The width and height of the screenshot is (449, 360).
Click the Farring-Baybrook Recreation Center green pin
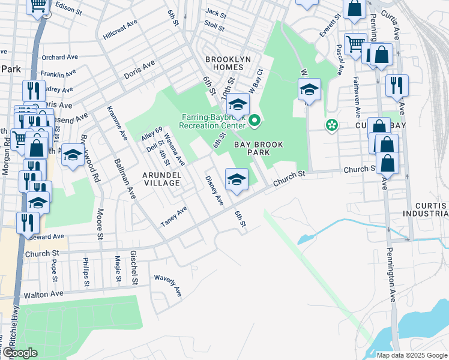(255, 121)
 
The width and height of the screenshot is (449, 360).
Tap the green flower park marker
(331, 125)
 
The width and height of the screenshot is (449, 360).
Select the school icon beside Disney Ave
(237, 179)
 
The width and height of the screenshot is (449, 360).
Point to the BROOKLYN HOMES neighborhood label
(231, 59)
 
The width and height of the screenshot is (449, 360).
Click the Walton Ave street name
(43, 295)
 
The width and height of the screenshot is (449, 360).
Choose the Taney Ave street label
(173, 216)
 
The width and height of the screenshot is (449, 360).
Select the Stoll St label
(214, 27)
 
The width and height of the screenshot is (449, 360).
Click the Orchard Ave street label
(61, 58)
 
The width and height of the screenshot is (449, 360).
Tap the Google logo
(19, 353)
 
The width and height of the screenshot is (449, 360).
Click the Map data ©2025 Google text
(411, 355)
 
